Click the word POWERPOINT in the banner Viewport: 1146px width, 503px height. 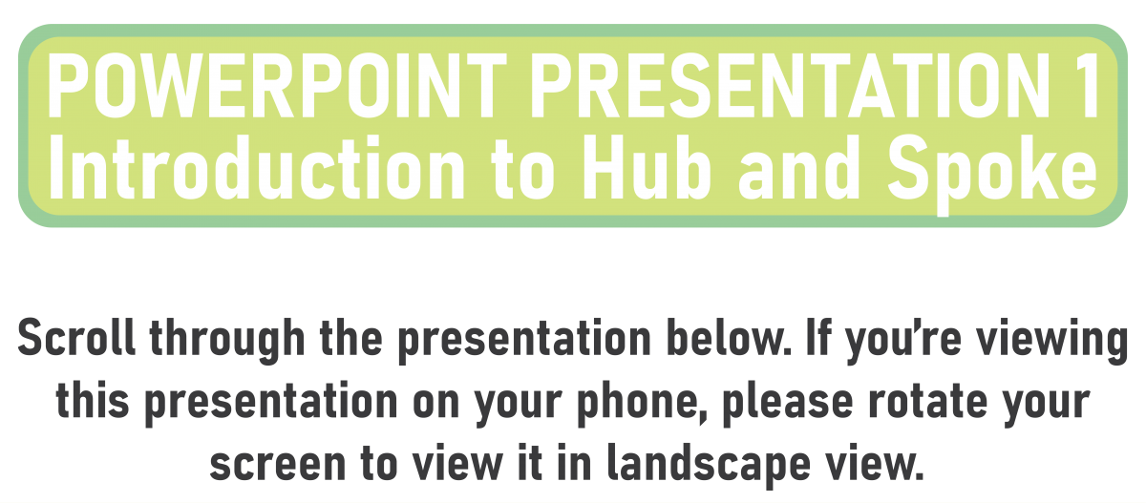277,85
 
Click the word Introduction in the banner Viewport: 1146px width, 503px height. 257,168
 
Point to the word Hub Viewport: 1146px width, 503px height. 647,168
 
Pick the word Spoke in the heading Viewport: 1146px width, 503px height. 992,175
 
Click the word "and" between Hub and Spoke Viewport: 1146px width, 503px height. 799,168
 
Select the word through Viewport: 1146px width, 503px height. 227,341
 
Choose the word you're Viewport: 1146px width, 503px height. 904,341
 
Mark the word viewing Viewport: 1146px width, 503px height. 1052,341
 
